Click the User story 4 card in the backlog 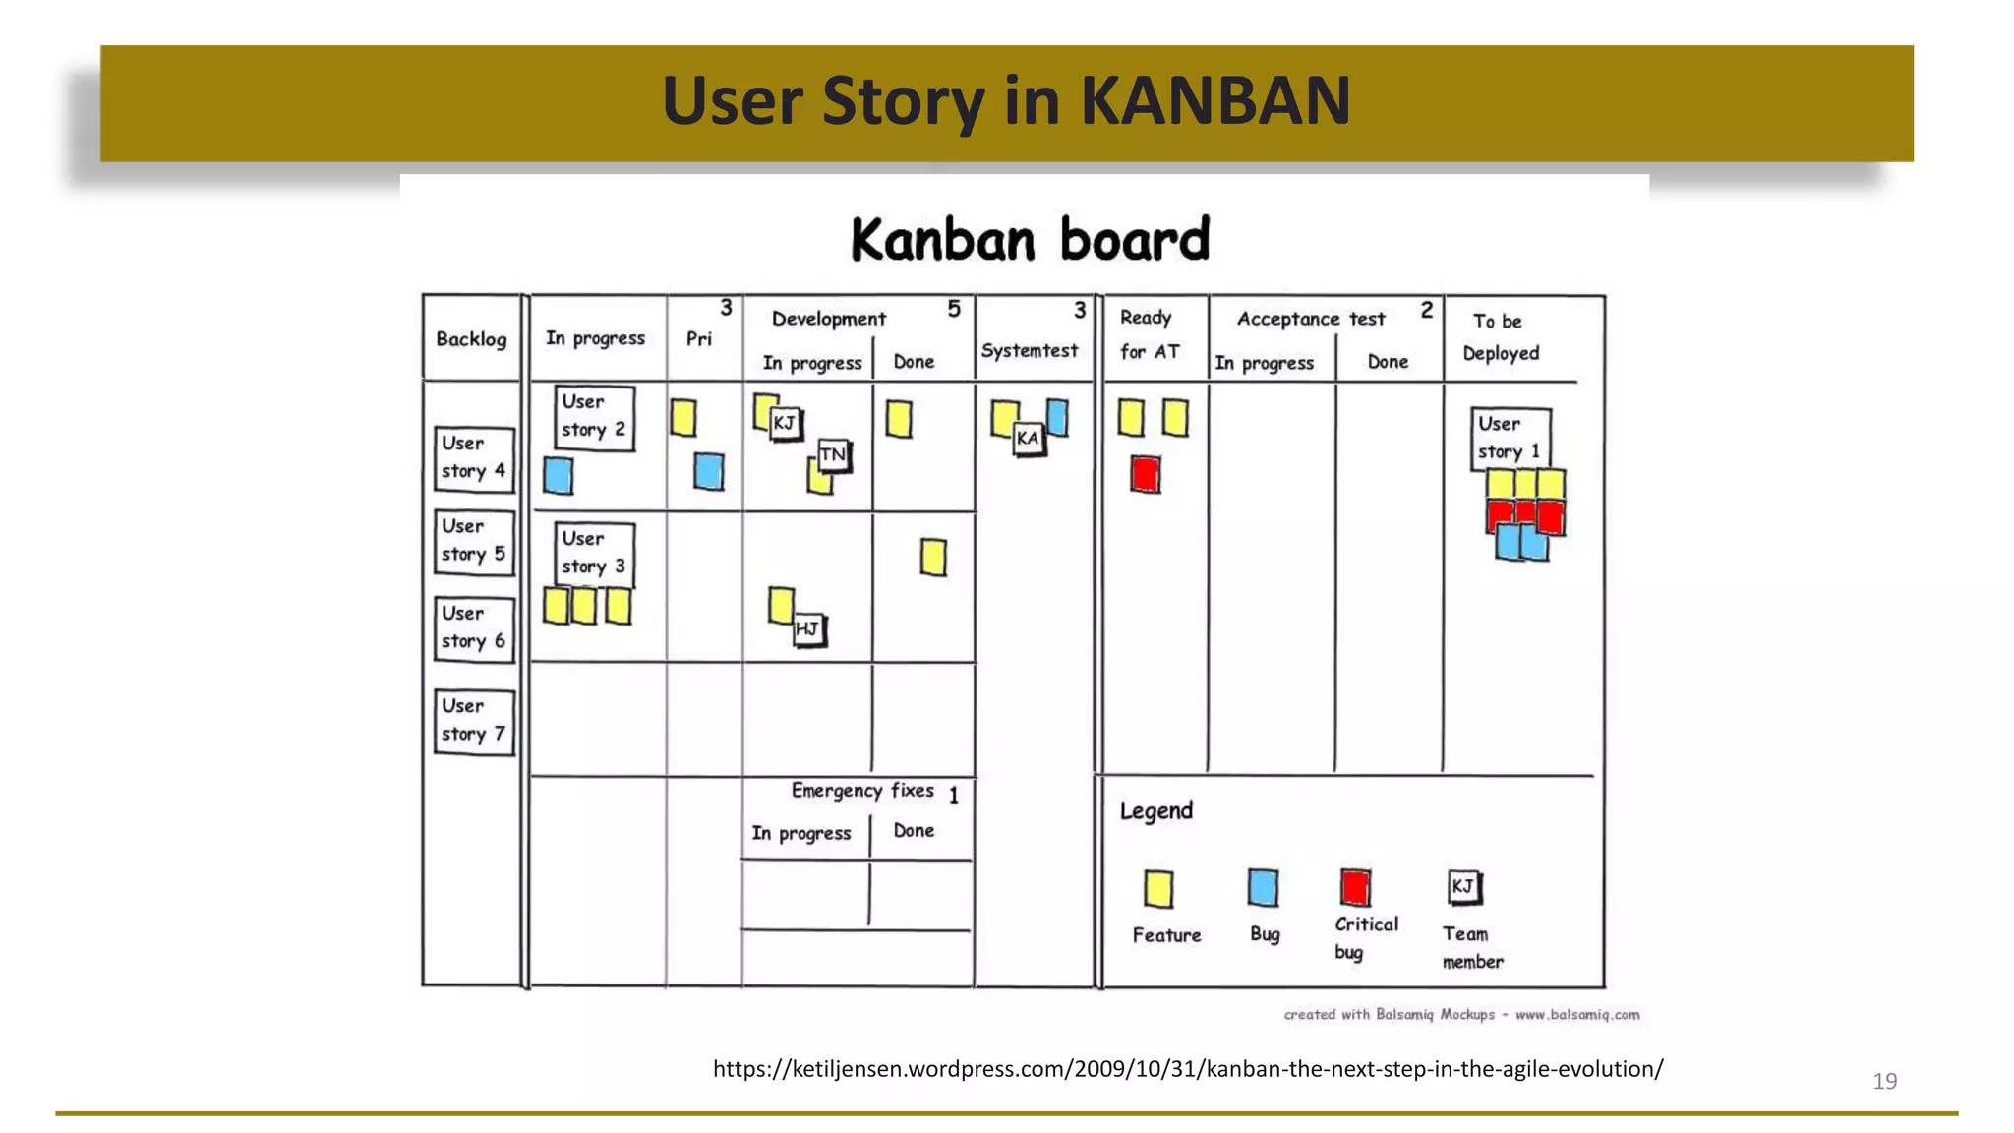point(474,458)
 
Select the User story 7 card point(474,721)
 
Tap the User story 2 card point(594,417)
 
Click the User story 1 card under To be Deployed point(1510,439)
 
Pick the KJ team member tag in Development point(785,424)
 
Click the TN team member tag point(833,454)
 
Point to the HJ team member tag point(808,629)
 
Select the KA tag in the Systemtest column point(1028,439)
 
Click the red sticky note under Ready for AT point(1145,474)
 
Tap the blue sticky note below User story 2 point(558,476)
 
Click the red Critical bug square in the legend point(1355,887)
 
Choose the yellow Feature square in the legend point(1158,889)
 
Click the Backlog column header point(471,339)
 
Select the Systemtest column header point(1029,351)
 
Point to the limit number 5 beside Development point(954,310)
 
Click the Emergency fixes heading point(862,791)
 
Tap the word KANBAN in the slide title point(1215,101)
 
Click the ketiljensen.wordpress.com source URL point(1187,1069)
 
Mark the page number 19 point(1884,1082)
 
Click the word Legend point(1155,811)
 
